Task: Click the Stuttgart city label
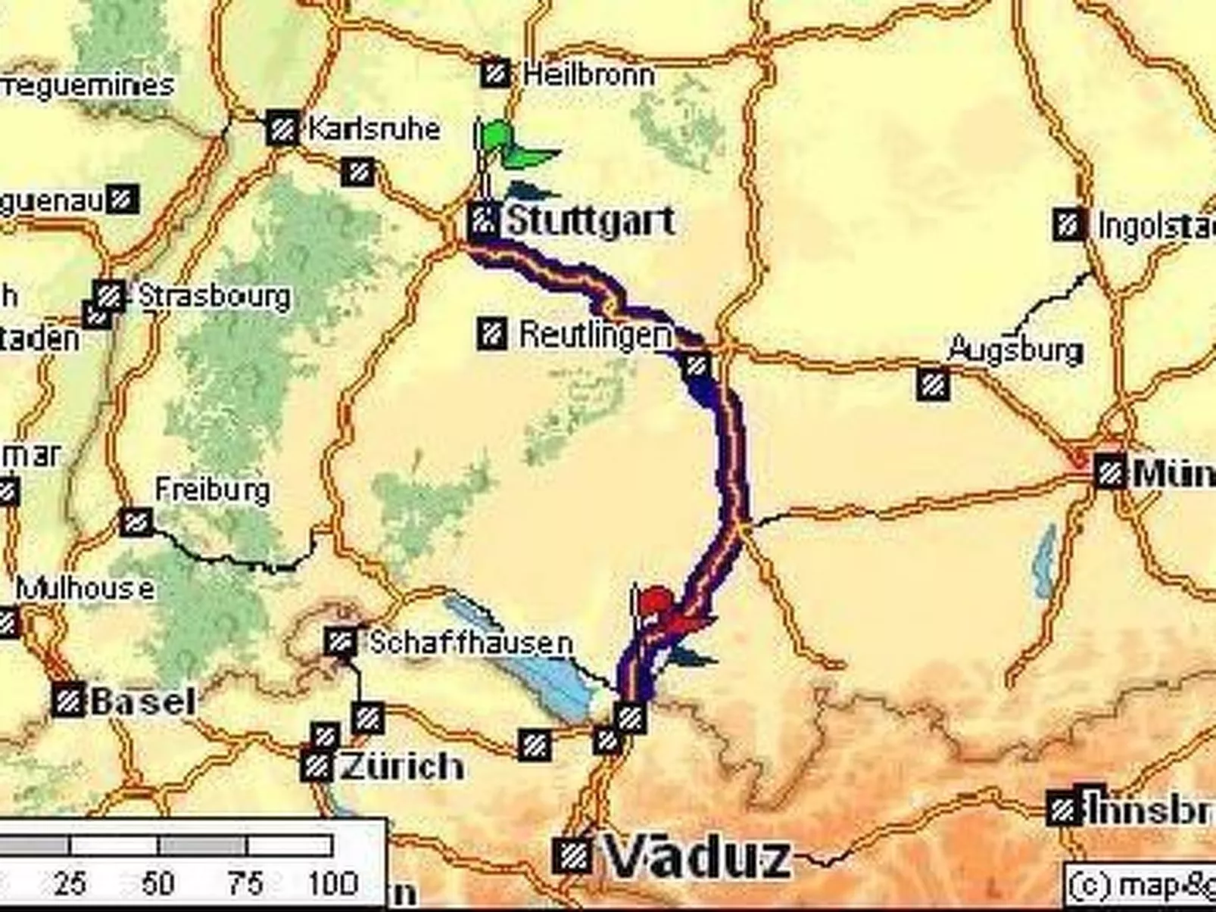pyautogui.click(x=589, y=222)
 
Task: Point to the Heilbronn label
pyautogui.click(x=588, y=75)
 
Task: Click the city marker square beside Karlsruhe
pyautogui.click(x=282, y=129)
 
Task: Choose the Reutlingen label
pyautogui.click(x=595, y=335)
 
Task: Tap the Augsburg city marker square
pyautogui.click(x=933, y=384)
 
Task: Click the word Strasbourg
pyautogui.click(x=215, y=297)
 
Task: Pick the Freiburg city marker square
pyautogui.click(x=136, y=521)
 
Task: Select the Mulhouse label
pyautogui.click(x=85, y=589)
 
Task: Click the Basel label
pyautogui.click(x=143, y=702)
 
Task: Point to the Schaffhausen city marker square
pyautogui.click(x=340, y=643)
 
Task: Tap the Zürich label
pyautogui.click(x=402, y=767)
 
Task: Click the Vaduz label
pyautogui.click(x=697, y=859)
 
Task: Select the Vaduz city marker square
pyautogui.click(x=572, y=857)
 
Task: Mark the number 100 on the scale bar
pyautogui.click(x=333, y=883)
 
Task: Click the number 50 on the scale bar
pyautogui.click(x=157, y=883)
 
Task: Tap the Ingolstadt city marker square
pyautogui.click(x=1068, y=225)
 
